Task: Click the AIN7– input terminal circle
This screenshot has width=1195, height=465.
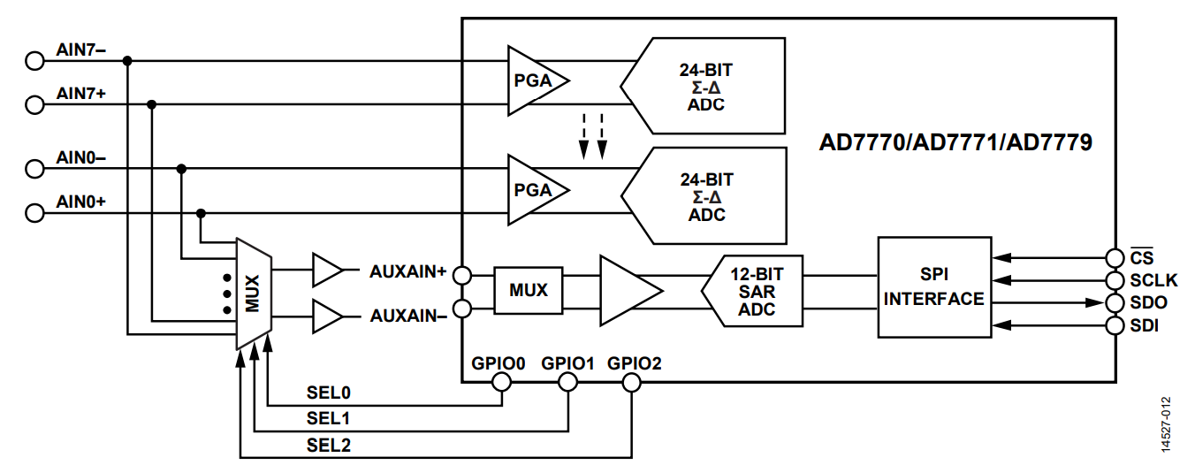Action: click(x=34, y=61)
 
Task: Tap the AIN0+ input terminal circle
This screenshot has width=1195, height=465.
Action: click(x=34, y=213)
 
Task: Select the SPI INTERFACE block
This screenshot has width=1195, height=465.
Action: click(x=934, y=287)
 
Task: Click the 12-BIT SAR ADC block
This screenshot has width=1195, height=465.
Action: click(x=752, y=291)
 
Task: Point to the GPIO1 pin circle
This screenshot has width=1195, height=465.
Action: click(x=567, y=382)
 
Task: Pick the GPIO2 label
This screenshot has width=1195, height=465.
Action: click(x=634, y=363)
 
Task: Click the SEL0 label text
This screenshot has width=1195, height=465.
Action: click(x=328, y=393)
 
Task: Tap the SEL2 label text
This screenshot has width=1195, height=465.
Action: click(x=328, y=445)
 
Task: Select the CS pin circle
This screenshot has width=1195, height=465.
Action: click(x=1115, y=258)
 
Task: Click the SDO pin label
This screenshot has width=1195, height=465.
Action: click(x=1148, y=302)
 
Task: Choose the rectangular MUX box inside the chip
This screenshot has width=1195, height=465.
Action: click(x=529, y=290)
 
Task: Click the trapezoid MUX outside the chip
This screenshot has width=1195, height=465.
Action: click(x=254, y=293)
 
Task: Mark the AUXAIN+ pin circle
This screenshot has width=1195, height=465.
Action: click(x=462, y=276)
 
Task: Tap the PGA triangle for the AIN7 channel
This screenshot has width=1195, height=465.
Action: click(x=537, y=80)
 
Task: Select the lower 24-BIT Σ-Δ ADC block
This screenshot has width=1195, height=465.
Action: click(x=704, y=196)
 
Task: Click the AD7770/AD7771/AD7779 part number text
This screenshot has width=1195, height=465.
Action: click(x=955, y=142)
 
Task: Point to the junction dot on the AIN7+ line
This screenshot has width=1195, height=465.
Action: click(x=151, y=104)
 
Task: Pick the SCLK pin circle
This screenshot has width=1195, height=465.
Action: click(x=1115, y=280)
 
